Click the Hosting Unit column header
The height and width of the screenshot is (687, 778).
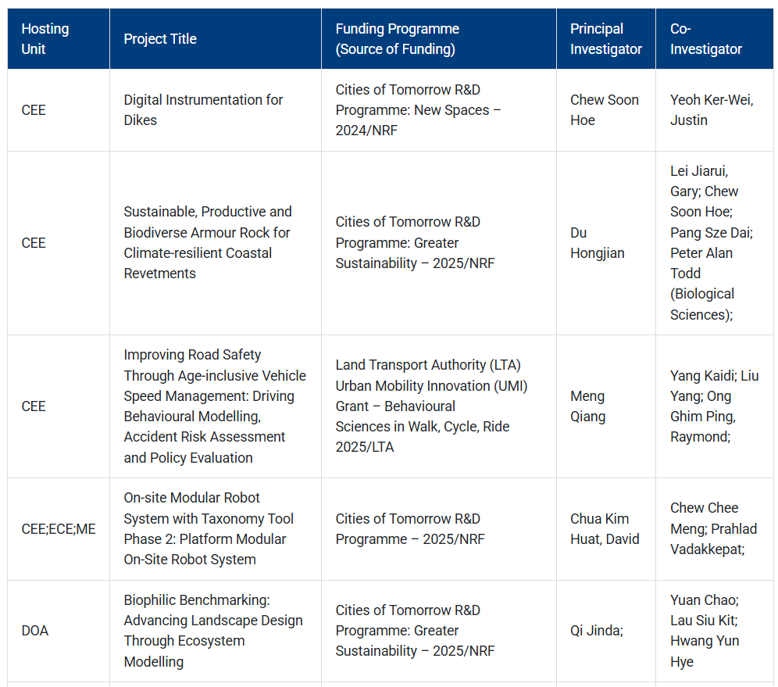45,39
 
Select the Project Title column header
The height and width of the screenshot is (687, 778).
160,39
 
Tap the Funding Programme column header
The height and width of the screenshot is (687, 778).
397,39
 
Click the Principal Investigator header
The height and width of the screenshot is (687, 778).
606,39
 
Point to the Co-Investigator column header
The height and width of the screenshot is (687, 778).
706,39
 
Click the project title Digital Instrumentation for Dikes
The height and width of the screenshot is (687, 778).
203,109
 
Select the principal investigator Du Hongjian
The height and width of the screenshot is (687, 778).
598,243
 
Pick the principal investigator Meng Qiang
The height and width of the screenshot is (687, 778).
587,406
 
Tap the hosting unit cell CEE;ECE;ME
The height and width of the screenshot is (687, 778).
59,528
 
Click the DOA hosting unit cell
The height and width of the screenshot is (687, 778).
34,631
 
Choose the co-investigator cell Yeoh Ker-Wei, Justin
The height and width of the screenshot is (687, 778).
712,109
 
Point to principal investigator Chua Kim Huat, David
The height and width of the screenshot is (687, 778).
605,528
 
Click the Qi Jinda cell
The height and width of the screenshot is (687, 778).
597,631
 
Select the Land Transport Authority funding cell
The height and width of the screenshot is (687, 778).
431,406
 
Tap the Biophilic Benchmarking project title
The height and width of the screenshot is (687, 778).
213,631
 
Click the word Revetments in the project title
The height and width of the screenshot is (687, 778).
160,274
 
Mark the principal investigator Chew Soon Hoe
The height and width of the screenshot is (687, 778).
605,109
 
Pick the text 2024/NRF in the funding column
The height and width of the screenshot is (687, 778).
366,131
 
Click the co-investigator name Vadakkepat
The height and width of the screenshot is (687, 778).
707,549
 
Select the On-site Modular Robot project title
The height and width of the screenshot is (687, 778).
209,528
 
